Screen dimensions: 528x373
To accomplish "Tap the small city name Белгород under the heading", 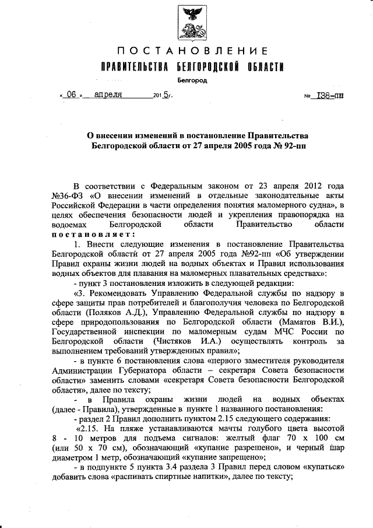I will [x=192, y=81].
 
